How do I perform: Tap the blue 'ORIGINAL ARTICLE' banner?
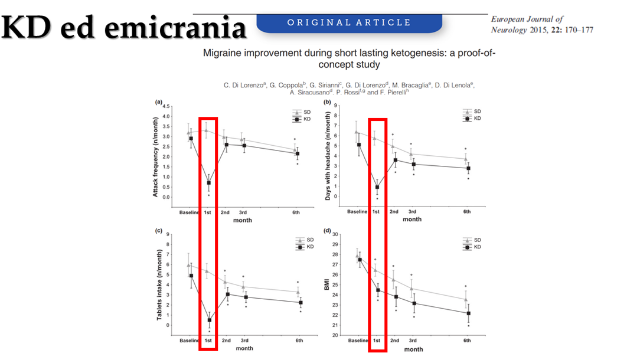pos(349,23)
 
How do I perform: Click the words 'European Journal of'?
pos(527,19)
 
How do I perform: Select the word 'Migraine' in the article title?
pos(223,53)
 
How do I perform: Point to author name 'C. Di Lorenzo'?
pos(246,86)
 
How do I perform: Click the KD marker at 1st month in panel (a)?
pos(208,183)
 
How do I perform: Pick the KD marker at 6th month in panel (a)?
pos(297,154)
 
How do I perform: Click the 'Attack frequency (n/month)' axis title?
pos(156,157)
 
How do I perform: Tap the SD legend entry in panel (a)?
pos(302,112)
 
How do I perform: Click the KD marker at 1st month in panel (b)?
pos(377,187)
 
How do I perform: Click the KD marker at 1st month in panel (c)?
pos(208,320)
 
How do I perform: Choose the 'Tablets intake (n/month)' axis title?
pos(159,284)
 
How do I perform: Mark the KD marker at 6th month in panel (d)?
pos(469,313)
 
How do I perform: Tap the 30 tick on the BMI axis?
pos(335,234)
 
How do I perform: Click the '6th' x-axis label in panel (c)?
pos(299,341)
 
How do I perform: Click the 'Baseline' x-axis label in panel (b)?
pos(358,211)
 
